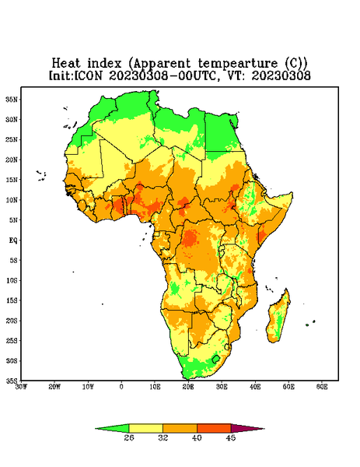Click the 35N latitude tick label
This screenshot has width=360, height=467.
(12, 99)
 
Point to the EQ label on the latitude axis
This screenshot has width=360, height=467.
(12, 240)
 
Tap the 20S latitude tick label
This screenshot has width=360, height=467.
(12, 321)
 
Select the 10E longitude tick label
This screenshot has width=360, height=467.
(155, 387)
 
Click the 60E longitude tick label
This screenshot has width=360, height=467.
(322, 387)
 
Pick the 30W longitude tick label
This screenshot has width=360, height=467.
(22, 387)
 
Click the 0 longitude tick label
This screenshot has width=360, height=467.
(121, 387)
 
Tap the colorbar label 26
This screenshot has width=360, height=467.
(129, 437)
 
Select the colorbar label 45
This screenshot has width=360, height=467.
(231, 437)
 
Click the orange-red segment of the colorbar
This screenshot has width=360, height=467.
(214, 428)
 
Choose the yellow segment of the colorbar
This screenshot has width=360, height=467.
(145, 428)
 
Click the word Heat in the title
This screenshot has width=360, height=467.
(66, 63)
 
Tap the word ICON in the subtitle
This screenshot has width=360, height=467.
(89, 75)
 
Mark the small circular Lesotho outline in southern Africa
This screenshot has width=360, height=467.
(216, 359)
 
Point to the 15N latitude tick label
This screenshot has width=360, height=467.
(12, 180)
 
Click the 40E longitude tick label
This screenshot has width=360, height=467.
(255, 387)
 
